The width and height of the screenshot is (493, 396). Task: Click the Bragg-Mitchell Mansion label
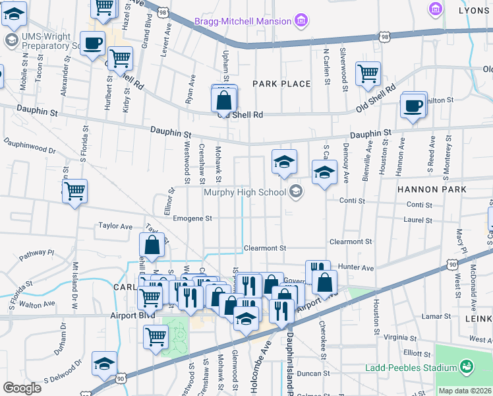pyautogui.click(x=242, y=22)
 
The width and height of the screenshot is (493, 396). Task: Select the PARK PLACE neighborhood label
pyautogui.click(x=281, y=84)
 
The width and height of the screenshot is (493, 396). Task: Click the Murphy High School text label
pyautogui.click(x=245, y=193)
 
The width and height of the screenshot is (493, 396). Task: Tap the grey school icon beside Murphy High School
pyautogui.click(x=296, y=192)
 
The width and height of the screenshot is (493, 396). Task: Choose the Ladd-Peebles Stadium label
pyautogui.click(x=412, y=367)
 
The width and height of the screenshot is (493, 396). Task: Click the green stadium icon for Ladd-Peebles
pyautogui.click(x=467, y=366)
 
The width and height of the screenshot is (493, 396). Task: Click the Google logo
pyautogui.click(x=22, y=387)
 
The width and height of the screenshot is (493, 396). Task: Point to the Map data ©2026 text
pyautogui.click(x=465, y=391)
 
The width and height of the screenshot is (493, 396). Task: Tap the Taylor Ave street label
pyautogui.click(x=115, y=226)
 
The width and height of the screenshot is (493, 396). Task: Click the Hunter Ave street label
pyautogui.click(x=356, y=268)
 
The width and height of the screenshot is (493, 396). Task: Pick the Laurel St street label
pyautogui.click(x=419, y=220)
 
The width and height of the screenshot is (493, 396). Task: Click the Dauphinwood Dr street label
pyautogui.click(x=29, y=146)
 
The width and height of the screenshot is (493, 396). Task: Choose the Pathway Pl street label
pyautogui.click(x=36, y=253)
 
